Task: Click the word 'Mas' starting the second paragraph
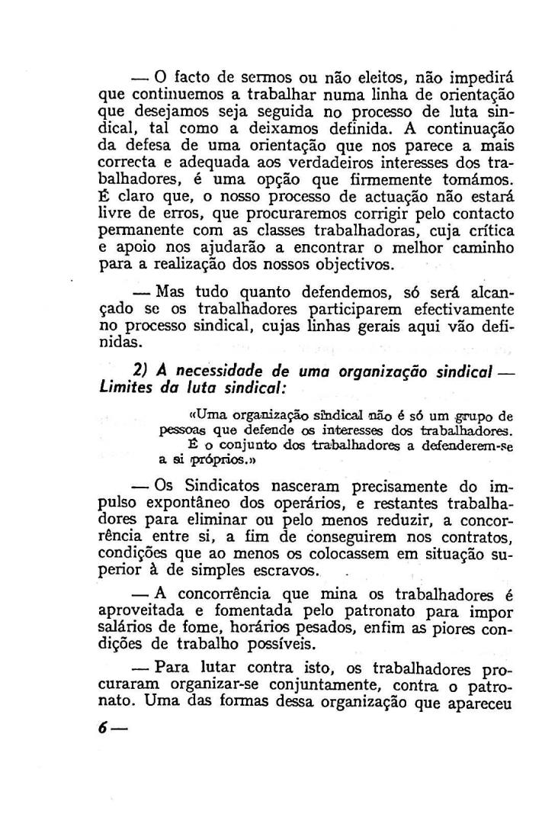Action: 172,295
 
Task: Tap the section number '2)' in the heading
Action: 139,370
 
